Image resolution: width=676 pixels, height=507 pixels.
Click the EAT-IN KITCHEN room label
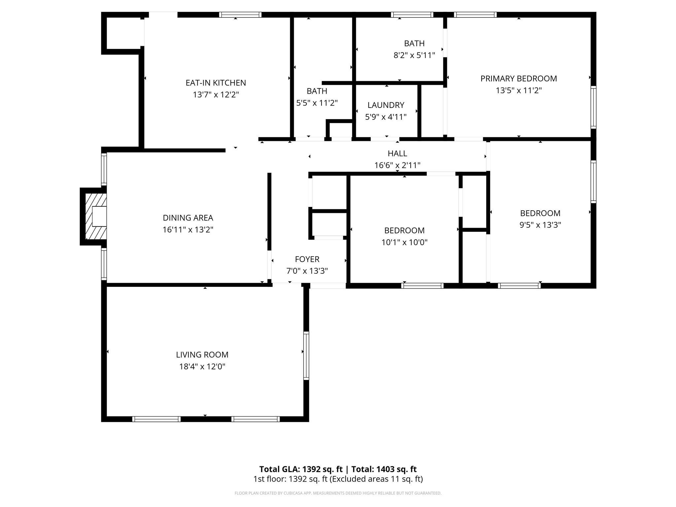216,83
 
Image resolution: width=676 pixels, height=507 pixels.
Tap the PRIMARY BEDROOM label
519,79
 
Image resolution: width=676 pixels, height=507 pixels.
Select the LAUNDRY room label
386,105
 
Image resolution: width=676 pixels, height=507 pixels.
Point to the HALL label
397,153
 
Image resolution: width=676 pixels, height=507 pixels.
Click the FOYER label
307,259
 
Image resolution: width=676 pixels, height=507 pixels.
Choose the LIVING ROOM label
202,355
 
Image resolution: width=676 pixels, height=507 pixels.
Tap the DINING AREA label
188,218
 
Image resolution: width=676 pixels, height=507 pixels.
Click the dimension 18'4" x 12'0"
202,366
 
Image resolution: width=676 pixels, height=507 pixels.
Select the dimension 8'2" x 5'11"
414,55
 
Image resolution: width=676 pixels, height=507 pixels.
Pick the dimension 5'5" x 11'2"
317,103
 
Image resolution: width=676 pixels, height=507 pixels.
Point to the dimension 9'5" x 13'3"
540,225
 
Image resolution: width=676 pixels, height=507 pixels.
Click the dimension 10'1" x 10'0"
404,242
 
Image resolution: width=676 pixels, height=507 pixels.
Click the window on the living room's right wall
306,355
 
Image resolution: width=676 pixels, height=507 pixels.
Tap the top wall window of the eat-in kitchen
240,15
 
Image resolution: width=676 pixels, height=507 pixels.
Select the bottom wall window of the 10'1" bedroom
422,286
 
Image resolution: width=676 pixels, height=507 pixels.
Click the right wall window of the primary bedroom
593,107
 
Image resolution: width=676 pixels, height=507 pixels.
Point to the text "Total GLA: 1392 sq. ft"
301,469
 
